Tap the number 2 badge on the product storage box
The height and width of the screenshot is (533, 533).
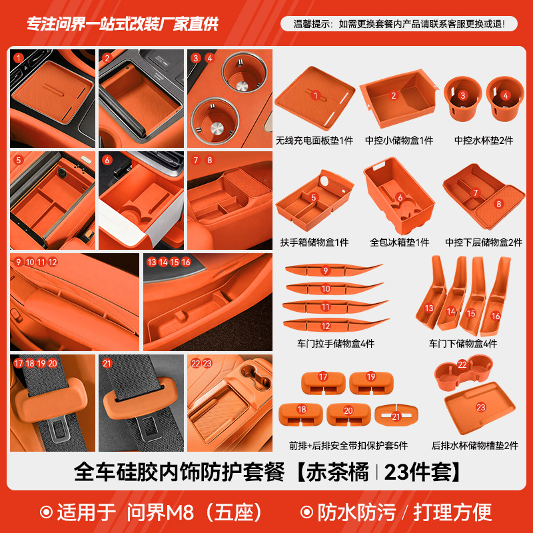[x=394, y=96]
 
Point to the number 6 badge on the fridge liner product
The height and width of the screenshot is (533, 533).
[x=400, y=197]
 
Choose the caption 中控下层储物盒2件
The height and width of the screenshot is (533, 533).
[x=484, y=243]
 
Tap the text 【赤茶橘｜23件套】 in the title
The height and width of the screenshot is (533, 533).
[x=378, y=473]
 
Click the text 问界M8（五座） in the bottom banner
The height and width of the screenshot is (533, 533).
[x=196, y=512]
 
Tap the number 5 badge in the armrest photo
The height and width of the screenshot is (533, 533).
[x=19, y=160]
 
